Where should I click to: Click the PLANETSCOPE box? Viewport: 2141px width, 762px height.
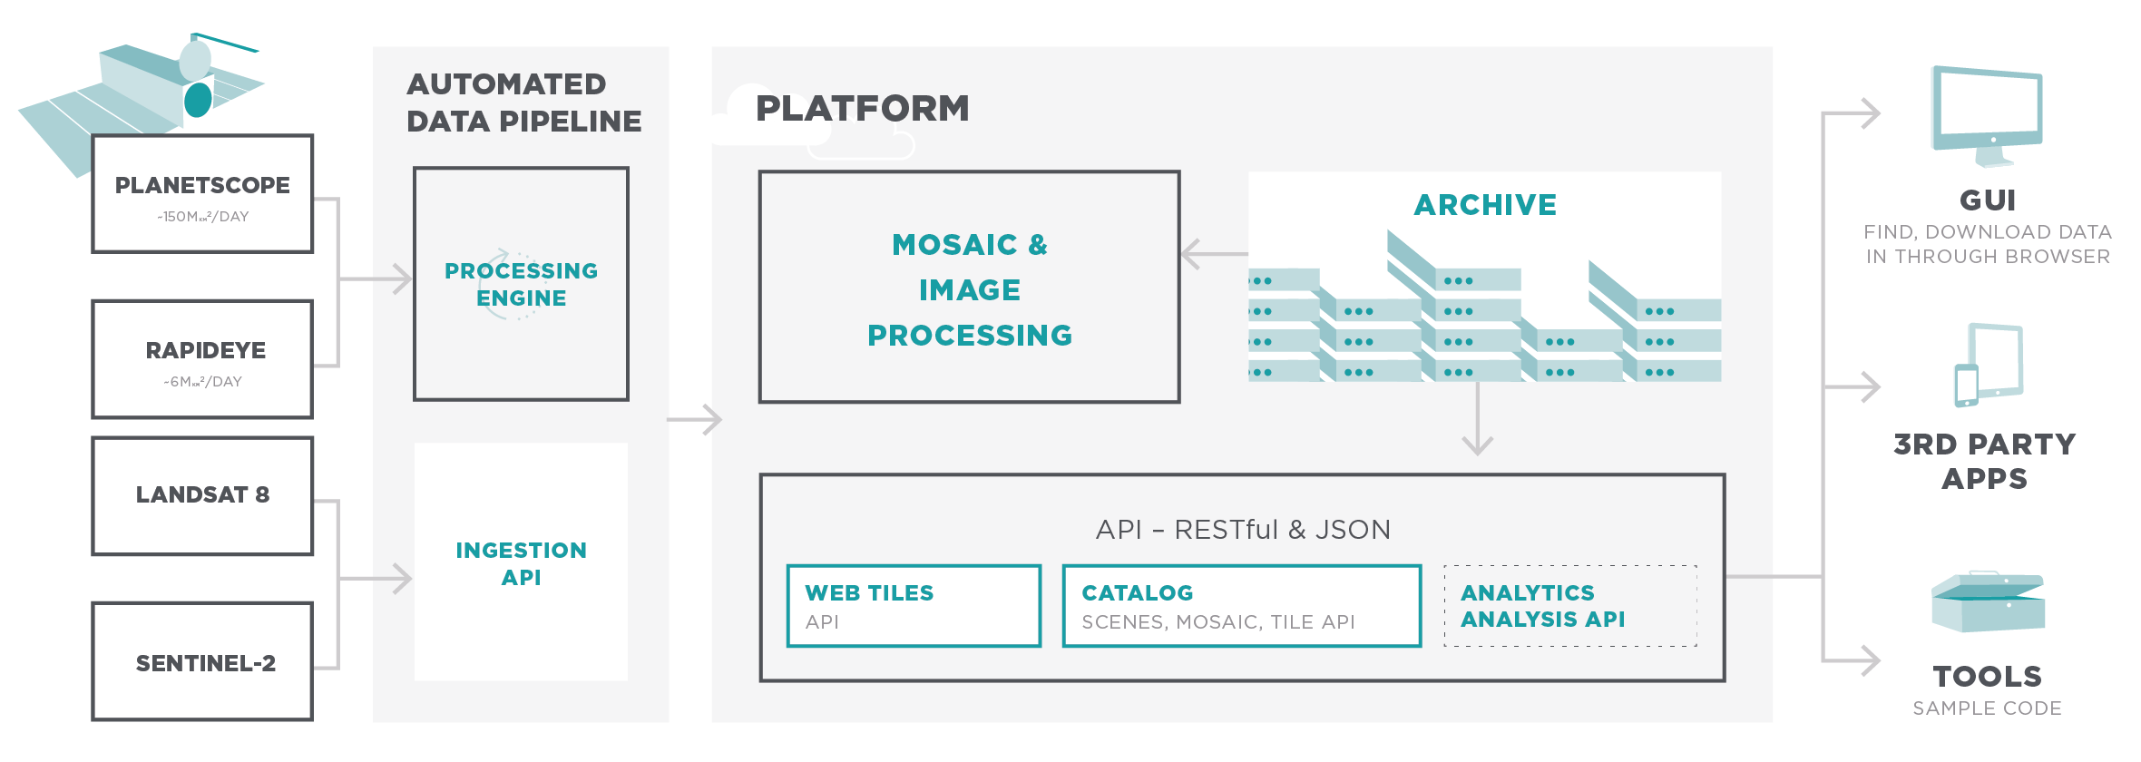[x=202, y=194]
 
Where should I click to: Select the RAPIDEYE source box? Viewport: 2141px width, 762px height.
[x=202, y=359]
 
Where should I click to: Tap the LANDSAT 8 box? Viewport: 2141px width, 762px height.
[x=202, y=495]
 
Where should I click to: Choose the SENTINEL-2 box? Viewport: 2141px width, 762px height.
[x=202, y=662]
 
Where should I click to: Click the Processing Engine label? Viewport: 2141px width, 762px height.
[x=521, y=284]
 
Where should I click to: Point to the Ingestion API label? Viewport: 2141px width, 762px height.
[x=521, y=563]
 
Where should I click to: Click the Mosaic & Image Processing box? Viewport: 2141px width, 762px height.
[x=969, y=288]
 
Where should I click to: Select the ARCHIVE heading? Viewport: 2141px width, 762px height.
[x=1485, y=205]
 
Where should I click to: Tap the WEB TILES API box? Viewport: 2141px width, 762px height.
[x=914, y=606]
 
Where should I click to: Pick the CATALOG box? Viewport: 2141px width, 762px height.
[x=1241, y=606]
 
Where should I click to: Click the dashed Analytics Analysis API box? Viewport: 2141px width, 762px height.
[x=1569, y=606]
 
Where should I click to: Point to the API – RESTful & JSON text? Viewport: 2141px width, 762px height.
[x=1242, y=530]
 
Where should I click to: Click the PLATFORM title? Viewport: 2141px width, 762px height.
[x=862, y=109]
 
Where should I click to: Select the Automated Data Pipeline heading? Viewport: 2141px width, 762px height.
[x=523, y=103]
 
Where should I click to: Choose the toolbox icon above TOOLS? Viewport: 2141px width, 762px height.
[x=1988, y=602]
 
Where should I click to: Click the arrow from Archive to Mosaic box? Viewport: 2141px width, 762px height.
[x=1214, y=254]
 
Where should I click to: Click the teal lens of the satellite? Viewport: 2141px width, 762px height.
[x=198, y=100]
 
